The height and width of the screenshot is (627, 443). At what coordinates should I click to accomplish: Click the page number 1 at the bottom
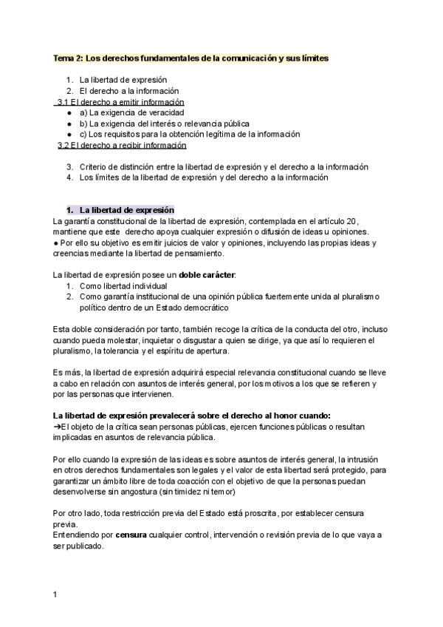[56, 593]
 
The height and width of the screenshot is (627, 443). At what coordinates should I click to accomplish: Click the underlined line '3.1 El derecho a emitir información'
[121, 102]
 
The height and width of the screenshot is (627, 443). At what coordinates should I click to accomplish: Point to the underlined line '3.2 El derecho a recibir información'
[122, 145]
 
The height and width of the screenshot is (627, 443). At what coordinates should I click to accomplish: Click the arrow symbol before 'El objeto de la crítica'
[58, 427]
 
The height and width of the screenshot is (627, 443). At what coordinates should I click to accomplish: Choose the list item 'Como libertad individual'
[123, 285]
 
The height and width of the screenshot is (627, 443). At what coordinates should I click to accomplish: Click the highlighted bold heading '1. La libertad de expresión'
[121, 210]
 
